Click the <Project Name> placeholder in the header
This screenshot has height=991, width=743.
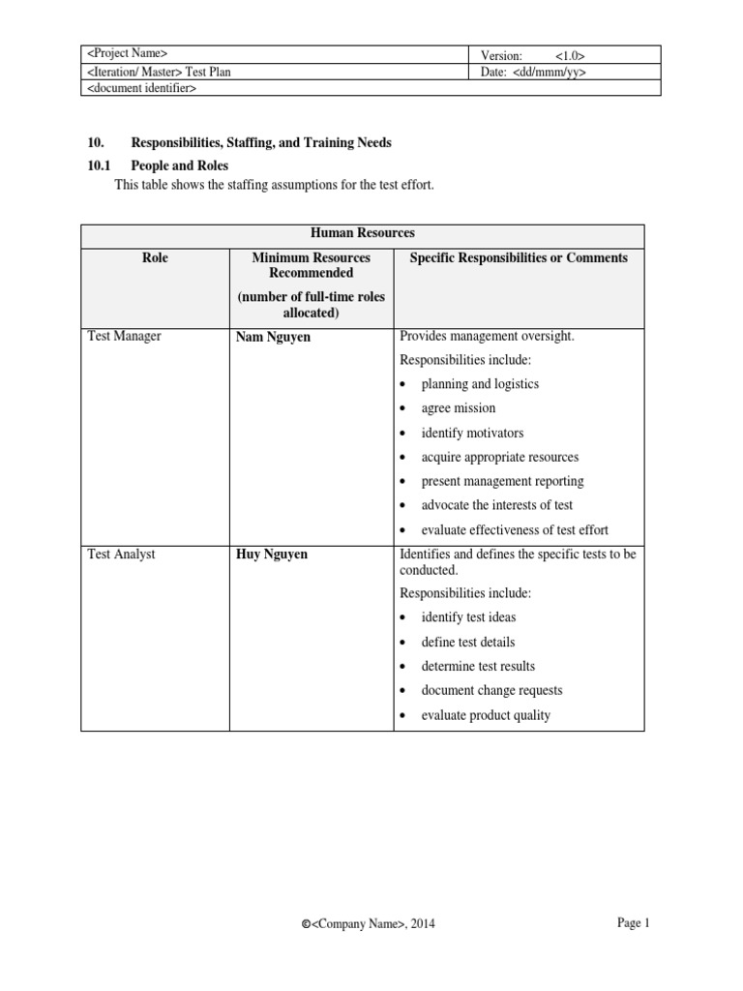pyautogui.click(x=127, y=54)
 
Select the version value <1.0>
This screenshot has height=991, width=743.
pyautogui.click(x=570, y=55)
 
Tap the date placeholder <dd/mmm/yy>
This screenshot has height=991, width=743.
pyautogui.click(x=551, y=72)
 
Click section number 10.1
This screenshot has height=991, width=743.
pyautogui.click(x=101, y=166)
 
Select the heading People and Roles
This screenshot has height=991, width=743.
pyautogui.click(x=179, y=166)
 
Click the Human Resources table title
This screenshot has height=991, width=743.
pyautogui.click(x=362, y=233)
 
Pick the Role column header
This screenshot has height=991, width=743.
pyautogui.click(x=154, y=257)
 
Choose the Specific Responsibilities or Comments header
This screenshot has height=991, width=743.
pyautogui.click(x=519, y=257)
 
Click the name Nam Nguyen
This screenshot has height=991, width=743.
pyautogui.click(x=274, y=338)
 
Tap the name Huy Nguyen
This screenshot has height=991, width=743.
pyautogui.click(x=273, y=556)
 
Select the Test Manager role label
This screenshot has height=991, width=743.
pyautogui.click(x=125, y=337)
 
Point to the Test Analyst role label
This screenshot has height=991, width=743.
pyautogui.click(x=121, y=555)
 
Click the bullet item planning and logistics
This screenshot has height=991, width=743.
pyautogui.click(x=480, y=384)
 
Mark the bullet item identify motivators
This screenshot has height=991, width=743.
pyautogui.click(x=472, y=433)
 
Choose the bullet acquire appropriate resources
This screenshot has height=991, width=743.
pyautogui.click(x=499, y=457)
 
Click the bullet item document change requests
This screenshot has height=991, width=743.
pyautogui.click(x=491, y=691)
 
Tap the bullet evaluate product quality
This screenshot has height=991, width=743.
pyautogui.click(x=486, y=715)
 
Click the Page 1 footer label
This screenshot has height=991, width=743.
pyautogui.click(x=634, y=923)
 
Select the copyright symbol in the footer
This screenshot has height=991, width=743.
pyautogui.click(x=306, y=925)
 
